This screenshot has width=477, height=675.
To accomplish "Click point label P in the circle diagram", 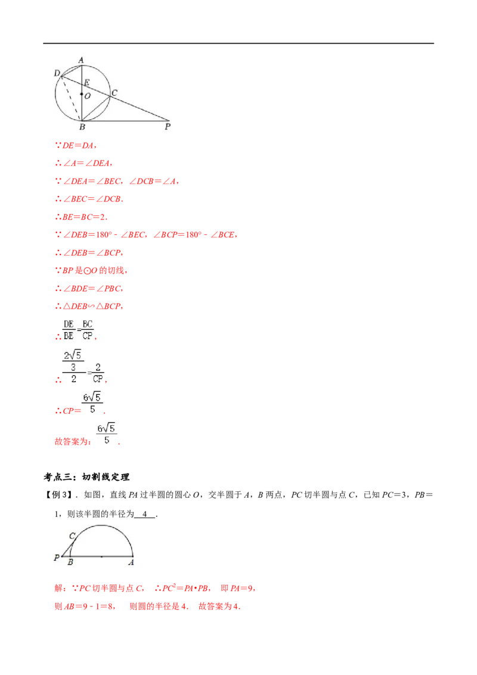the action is tap(168, 126).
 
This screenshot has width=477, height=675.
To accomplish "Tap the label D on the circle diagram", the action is tap(57, 73).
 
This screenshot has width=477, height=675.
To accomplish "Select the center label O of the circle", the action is tap(88, 96).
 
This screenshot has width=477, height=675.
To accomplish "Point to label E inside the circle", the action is tap(87, 83).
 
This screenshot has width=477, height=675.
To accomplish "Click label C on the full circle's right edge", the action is tap(114, 92).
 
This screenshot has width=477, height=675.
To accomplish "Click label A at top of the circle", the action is tap(81, 60).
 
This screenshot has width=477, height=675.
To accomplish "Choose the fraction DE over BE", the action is tap(69, 330).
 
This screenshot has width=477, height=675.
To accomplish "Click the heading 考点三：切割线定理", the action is tap(86, 477).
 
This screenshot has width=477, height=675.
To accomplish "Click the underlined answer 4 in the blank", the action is tap(145, 514).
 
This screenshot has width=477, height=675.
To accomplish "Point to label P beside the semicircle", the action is tap(57, 558).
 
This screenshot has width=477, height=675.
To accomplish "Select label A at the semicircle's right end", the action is tap(131, 562).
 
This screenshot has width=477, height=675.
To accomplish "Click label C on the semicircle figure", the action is tap(72, 536).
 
